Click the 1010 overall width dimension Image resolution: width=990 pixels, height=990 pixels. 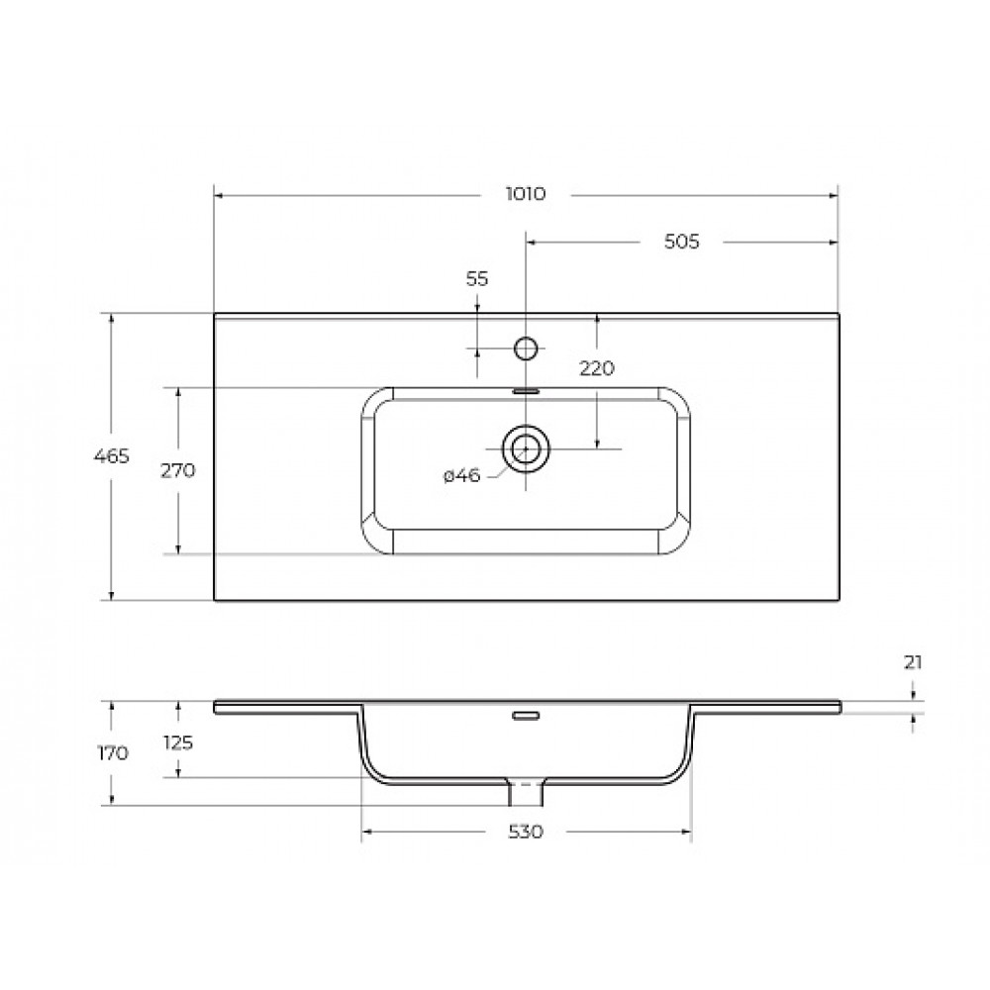pyautogui.click(x=526, y=194)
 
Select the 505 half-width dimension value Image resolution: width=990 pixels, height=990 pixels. pyautogui.click(x=682, y=242)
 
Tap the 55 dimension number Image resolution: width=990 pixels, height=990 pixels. pyautogui.click(x=477, y=278)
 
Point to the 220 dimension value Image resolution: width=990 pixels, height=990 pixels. pyautogui.click(x=597, y=368)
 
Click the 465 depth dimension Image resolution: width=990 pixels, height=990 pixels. pyautogui.click(x=111, y=455)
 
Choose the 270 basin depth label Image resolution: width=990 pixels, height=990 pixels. pyautogui.click(x=178, y=470)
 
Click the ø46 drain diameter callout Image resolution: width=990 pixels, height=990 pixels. pyautogui.click(x=461, y=475)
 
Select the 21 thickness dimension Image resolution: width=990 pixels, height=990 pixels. pyautogui.click(x=913, y=662)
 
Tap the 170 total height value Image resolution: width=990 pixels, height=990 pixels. pyautogui.click(x=113, y=752)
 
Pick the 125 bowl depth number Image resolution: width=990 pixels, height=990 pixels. pyautogui.click(x=178, y=743)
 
